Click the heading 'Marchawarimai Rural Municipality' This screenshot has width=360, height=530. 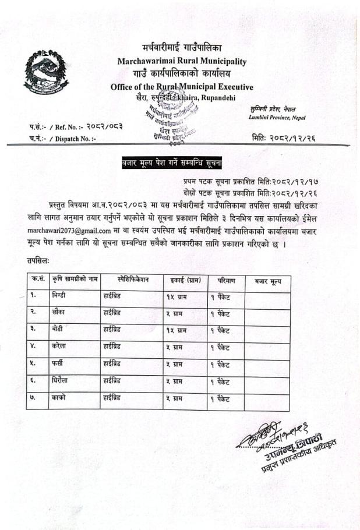[x=182, y=61]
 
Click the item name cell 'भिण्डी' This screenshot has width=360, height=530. [x=61, y=296]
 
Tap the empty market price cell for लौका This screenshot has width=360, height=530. [x=267, y=313]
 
